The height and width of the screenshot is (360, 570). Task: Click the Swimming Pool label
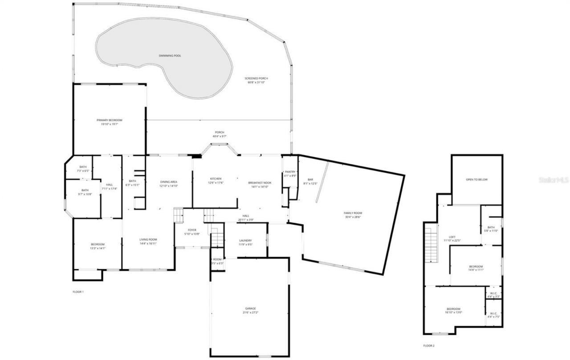pyautogui.click(x=170, y=56)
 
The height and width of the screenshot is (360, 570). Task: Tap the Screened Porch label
pyautogui.click(x=256, y=78)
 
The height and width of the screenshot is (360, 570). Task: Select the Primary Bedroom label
pyautogui.click(x=109, y=120)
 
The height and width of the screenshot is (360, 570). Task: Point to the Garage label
pyautogui.click(x=250, y=308)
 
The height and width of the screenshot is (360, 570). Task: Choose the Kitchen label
pyautogui.click(x=216, y=179)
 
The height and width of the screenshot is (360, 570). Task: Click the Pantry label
pyautogui.click(x=290, y=172)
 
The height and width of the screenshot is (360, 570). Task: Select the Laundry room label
pyautogui.click(x=245, y=240)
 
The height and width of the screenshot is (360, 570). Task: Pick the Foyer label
pyautogui.click(x=192, y=230)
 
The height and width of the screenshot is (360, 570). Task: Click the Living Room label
pyautogui.click(x=148, y=239)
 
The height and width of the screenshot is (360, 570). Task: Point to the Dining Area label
pyautogui.click(x=169, y=182)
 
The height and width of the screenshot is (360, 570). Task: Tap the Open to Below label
pyautogui.click(x=476, y=179)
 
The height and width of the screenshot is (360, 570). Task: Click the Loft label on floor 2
pyautogui.click(x=452, y=237)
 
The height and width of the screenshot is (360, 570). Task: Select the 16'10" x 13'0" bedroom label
pyautogui.click(x=453, y=309)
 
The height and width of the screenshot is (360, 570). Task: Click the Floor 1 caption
pyautogui.click(x=78, y=292)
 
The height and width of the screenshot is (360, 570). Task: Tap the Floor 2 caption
pyautogui.click(x=428, y=345)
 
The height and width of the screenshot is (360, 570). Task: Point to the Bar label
pyautogui.click(x=310, y=179)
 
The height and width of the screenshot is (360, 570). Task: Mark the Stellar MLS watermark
pyautogui.click(x=554, y=180)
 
